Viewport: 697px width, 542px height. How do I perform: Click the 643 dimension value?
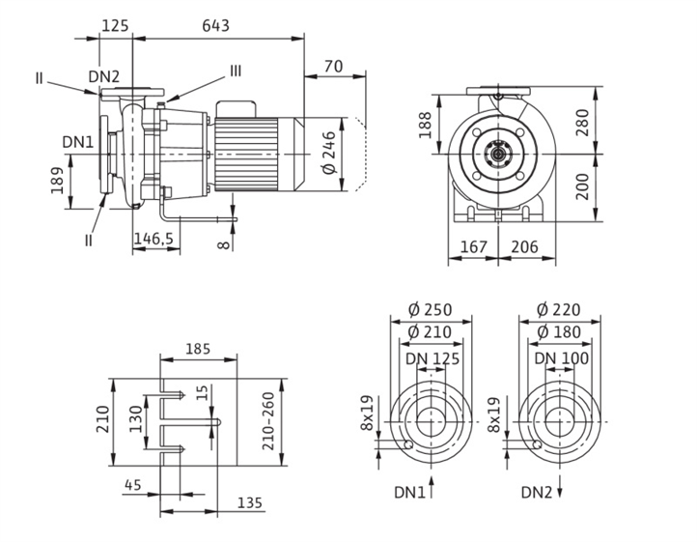click(215, 26)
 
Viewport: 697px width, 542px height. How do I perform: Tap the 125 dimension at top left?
click(116, 26)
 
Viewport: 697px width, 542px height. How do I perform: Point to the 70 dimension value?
click(333, 66)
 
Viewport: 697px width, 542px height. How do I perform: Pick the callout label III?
click(236, 71)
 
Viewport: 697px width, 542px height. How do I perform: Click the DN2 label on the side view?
click(103, 76)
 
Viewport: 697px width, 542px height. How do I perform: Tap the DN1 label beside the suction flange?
click(78, 142)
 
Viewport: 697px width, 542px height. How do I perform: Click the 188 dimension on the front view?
click(426, 123)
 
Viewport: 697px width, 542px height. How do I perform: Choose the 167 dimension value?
click(474, 247)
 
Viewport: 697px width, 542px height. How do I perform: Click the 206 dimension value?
click(523, 247)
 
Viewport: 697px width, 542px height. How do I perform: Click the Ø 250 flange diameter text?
click(430, 310)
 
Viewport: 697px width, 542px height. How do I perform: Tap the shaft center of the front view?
click(498, 152)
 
